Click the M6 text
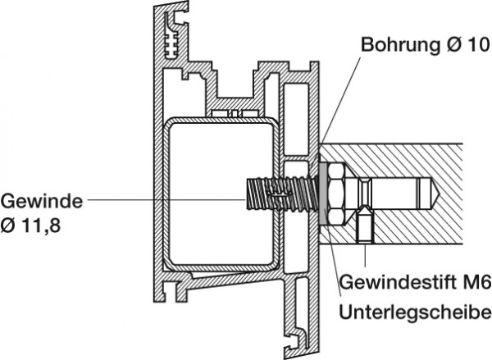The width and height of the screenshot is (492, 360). point(476,284)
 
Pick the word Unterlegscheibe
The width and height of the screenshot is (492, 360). point(415,312)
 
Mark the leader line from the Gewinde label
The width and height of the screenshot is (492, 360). point(164,199)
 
